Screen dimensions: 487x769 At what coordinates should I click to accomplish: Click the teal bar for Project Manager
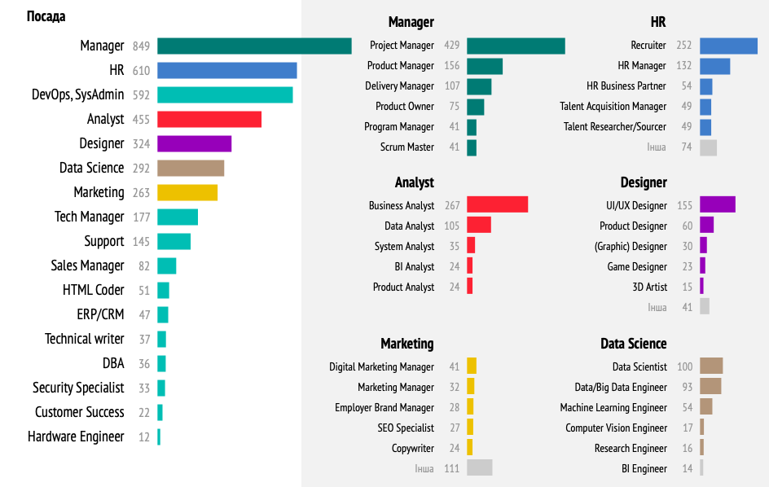516,46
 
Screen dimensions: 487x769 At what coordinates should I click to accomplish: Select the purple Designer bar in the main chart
194,143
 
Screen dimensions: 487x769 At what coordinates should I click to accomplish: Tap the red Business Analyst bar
497,205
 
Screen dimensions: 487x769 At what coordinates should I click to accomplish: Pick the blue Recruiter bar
728,46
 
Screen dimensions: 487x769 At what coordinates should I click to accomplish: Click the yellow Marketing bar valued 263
187,192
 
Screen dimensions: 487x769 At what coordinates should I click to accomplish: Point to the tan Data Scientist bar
711,366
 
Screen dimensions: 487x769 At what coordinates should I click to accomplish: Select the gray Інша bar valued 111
479,467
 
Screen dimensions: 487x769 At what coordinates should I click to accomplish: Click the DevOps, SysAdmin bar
225,94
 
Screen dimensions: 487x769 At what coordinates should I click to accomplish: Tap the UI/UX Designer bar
717,205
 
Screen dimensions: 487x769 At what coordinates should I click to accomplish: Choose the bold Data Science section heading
633,344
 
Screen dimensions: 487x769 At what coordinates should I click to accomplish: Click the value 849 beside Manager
141,46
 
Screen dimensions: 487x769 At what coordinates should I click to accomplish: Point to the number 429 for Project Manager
452,46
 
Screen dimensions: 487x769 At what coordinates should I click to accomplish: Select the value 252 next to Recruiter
683,46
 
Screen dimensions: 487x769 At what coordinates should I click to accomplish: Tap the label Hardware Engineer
76,437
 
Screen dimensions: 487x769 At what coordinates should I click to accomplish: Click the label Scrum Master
407,147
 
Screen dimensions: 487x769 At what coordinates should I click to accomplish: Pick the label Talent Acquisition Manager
613,107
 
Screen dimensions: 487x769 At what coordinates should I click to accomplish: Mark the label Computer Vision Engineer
616,428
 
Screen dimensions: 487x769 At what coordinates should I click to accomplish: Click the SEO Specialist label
406,428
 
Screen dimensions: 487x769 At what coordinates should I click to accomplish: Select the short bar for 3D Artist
701,287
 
